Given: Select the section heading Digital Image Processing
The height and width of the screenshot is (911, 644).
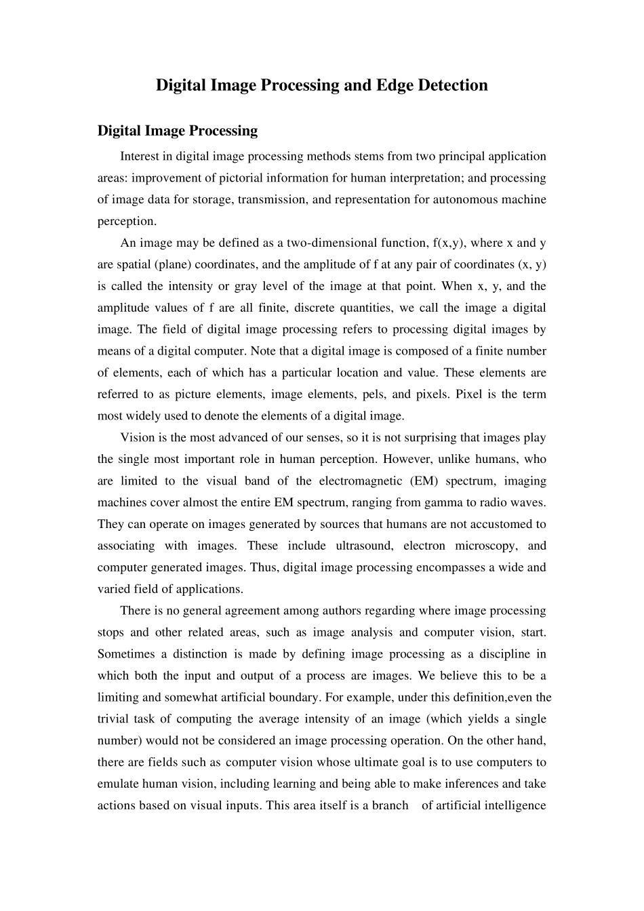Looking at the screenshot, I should coord(178,130).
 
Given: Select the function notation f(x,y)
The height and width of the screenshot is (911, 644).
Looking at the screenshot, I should coord(447,243).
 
